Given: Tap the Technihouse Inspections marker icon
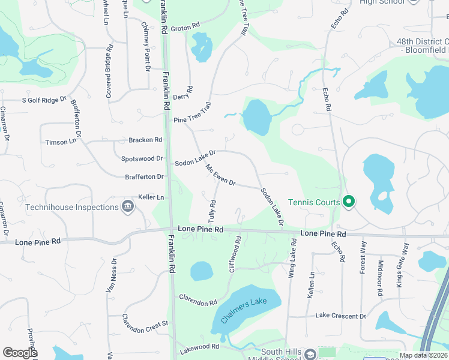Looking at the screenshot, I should (x=127, y=207).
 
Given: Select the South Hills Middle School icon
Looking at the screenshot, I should (x=310, y=354).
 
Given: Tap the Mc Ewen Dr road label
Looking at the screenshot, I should (x=220, y=175).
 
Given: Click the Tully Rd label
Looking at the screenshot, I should (x=212, y=211).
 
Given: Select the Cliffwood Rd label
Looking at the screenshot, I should (x=235, y=255).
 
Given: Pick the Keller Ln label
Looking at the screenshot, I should (x=151, y=197).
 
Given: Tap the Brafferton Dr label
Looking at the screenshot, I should (x=144, y=177).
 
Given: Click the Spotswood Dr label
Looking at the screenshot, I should (x=142, y=159).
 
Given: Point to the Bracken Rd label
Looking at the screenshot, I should (x=145, y=140).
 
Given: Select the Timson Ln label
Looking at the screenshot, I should (x=61, y=142).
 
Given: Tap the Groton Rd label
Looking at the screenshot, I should (x=185, y=27).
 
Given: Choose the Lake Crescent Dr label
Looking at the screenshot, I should (x=340, y=316).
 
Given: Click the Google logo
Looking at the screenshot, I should (x=20, y=352).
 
